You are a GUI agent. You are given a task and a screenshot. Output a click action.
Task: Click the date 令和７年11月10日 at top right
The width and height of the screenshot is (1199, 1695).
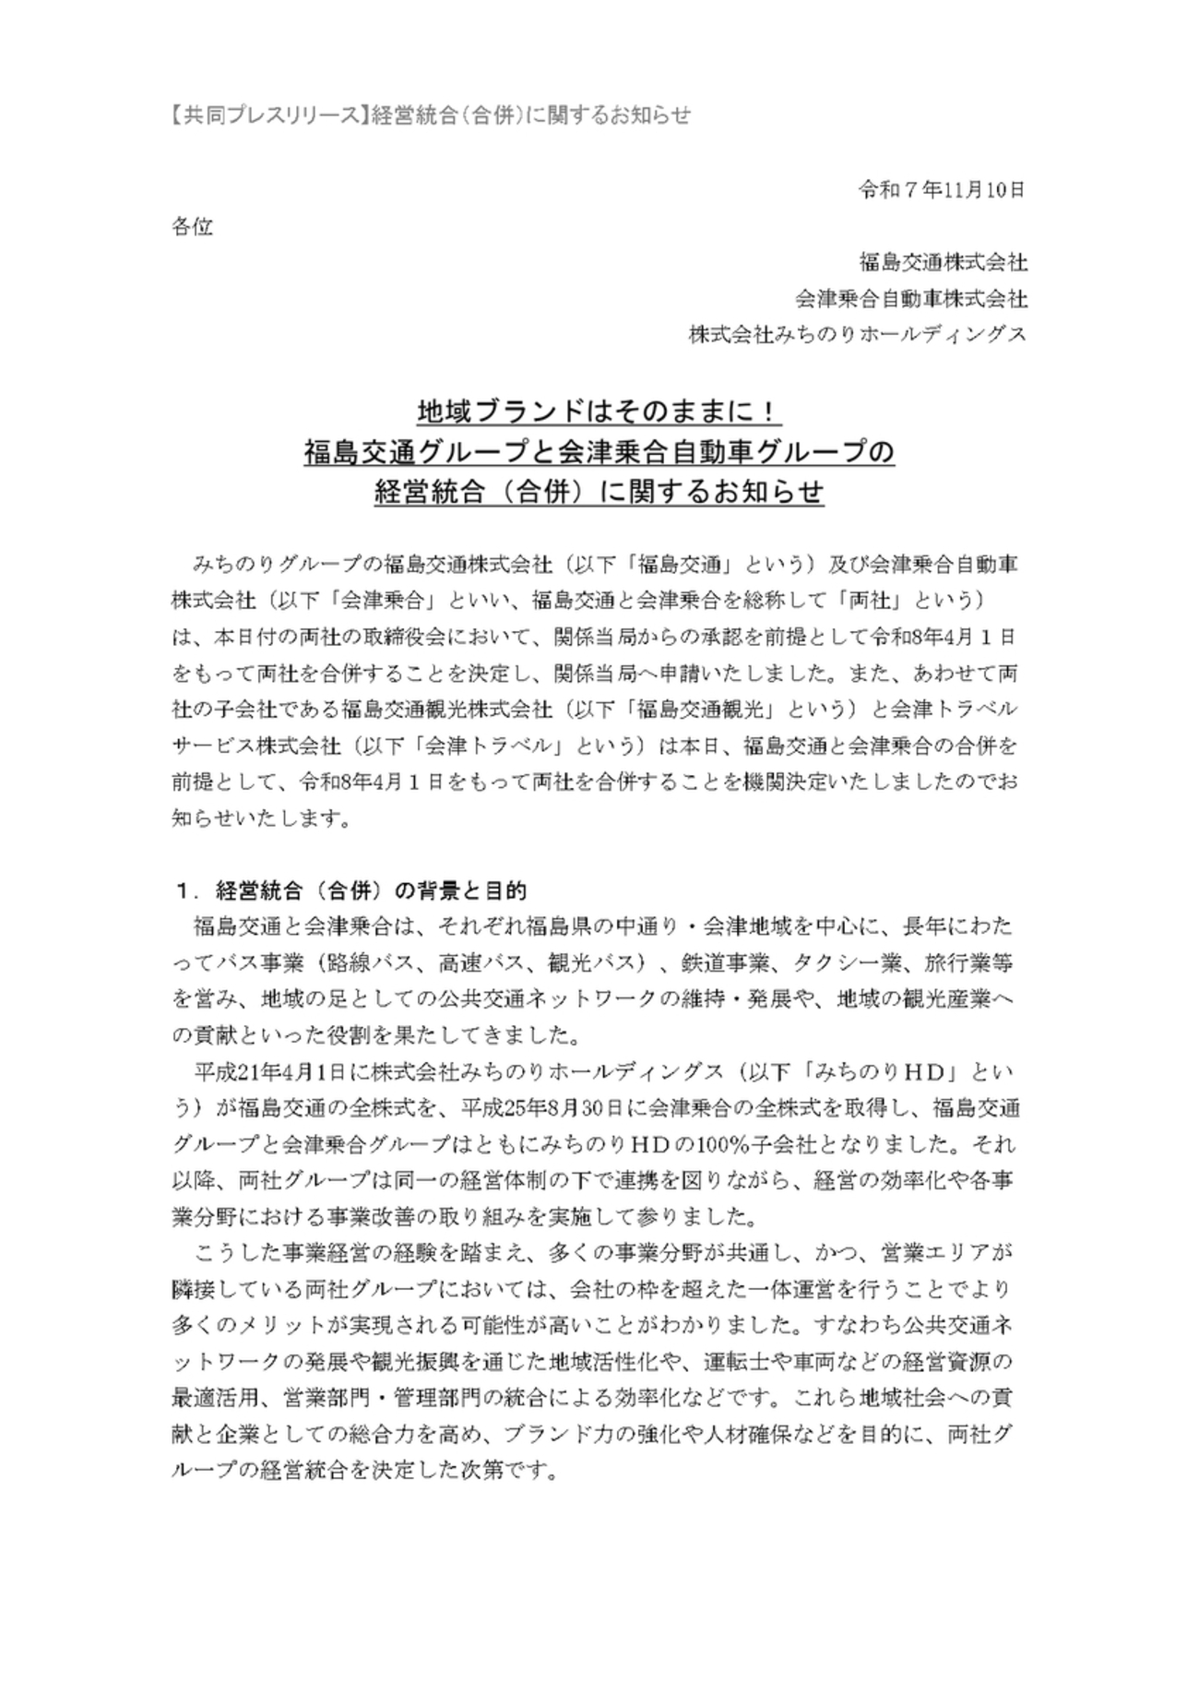(x=942, y=191)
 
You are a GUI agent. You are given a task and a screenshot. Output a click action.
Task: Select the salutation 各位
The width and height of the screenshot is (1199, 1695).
(x=192, y=227)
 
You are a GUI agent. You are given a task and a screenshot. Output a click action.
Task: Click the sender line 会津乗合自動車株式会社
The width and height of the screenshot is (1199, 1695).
(x=911, y=299)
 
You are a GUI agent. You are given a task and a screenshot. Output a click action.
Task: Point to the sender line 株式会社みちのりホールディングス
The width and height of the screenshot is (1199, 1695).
(x=858, y=335)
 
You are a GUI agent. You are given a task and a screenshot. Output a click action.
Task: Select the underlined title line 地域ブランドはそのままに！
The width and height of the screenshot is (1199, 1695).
(x=599, y=410)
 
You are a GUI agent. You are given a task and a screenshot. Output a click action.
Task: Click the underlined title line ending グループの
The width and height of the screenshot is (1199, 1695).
(x=599, y=451)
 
